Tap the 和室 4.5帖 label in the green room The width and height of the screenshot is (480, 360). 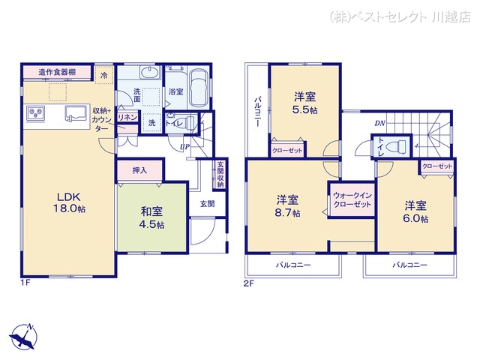click(151, 216)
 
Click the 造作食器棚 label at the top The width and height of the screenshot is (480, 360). click(58, 73)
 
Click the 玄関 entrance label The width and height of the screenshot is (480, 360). click(206, 203)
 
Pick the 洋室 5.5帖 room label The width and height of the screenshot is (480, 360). click(305, 103)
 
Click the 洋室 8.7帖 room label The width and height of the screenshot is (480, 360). click(288, 205)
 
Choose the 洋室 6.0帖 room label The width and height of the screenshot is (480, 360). click(416, 211)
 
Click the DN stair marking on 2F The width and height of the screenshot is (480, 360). click(379, 124)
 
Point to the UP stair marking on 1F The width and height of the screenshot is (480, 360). click(184, 146)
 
